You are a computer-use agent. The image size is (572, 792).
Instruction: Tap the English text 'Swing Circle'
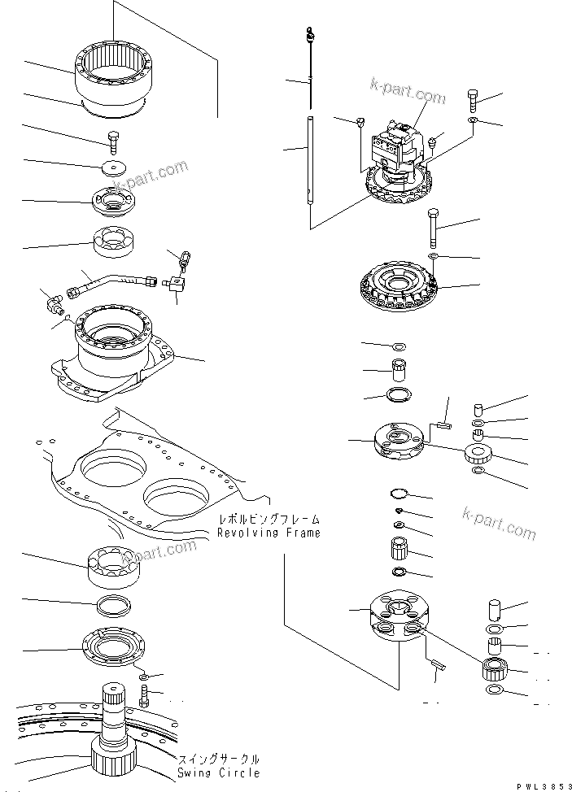point(219,772)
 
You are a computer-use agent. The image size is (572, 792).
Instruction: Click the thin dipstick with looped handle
point(311,65)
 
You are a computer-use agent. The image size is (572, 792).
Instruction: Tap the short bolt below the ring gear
point(114,141)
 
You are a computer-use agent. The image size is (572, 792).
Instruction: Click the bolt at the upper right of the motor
point(474,100)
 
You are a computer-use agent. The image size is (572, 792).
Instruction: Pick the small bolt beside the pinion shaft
point(144,696)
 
